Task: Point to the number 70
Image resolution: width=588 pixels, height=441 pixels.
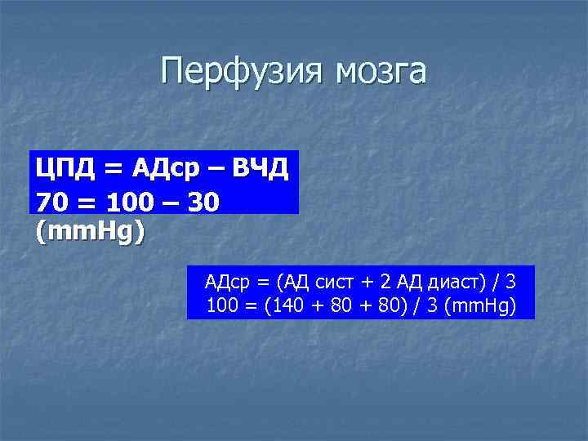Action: point(51,201)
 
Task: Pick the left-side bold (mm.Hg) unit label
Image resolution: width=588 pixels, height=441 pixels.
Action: point(91,232)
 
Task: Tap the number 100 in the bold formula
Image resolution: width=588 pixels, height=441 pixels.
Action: point(122,201)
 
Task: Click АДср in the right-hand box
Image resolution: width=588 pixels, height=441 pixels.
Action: point(227,283)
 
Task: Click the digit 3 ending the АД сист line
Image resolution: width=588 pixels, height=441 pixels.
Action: point(510,283)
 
